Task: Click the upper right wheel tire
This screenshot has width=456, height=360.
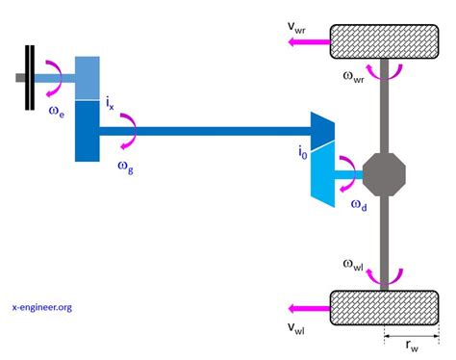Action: tap(384, 39)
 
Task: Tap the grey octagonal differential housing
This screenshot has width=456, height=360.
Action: tap(384, 175)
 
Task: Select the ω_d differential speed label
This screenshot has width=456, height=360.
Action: tap(358, 205)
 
